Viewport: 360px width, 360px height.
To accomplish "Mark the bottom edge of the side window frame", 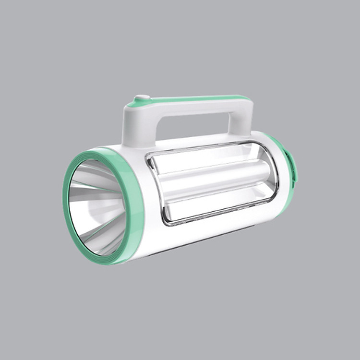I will (x=216, y=216).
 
